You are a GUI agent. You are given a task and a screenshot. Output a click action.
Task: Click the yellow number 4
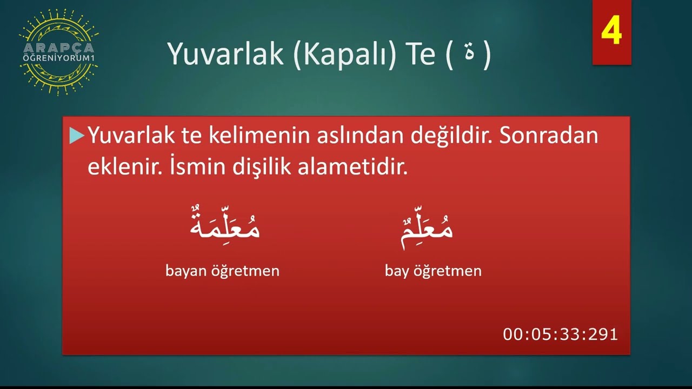click(611, 32)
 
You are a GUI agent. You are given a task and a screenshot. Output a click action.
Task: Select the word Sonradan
click(549, 136)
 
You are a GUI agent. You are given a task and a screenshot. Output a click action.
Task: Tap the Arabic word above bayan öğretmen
click(224, 227)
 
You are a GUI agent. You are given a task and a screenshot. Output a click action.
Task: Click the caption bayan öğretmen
click(222, 271)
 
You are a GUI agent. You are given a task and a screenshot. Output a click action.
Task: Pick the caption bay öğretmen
click(433, 271)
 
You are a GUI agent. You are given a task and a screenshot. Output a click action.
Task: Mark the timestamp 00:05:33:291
click(560, 334)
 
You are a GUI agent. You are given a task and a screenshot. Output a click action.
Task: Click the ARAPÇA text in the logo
click(58, 48)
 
